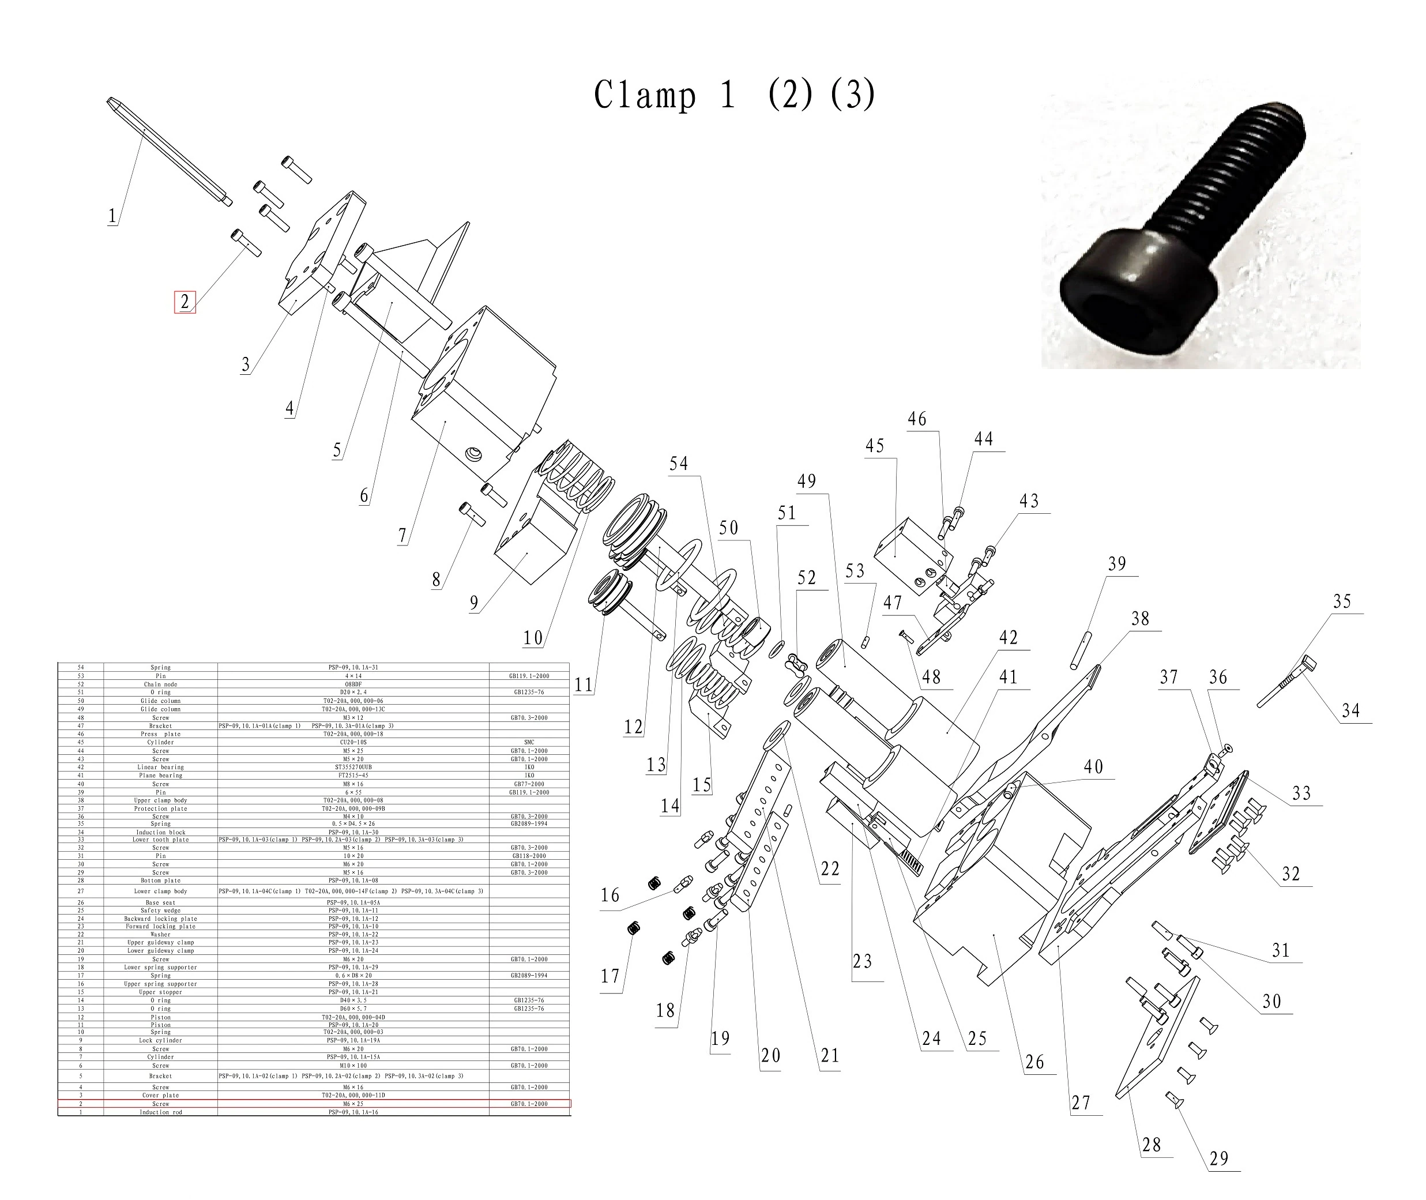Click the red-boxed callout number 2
pos(185,302)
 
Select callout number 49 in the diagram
pos(806,481)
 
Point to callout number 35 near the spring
pos(1342,601)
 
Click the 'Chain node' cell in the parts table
pos(160,684)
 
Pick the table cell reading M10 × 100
pos(353,1065)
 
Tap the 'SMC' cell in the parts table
pos(529,742)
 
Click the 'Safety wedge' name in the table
pos(160,910)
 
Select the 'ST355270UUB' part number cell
pos(353,767)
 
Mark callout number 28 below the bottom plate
pos(1151,1145)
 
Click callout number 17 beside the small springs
pos(609,976)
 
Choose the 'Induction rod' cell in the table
pos(160,1112)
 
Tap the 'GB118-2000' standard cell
pos(529,856)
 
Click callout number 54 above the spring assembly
pos(678,464)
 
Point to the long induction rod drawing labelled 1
pos(170,152)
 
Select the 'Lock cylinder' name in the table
pos(160,1040)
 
